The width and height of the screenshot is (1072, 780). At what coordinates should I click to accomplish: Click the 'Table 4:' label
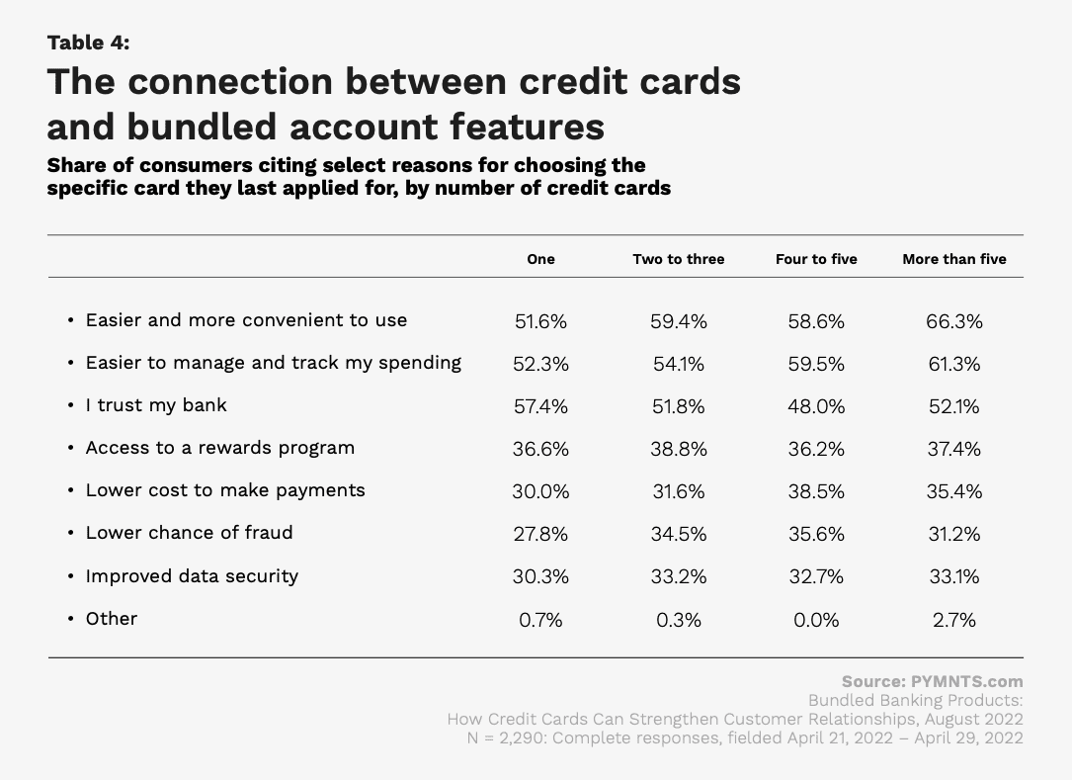(x=88, y=43)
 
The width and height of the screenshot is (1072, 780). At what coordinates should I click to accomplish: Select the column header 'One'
(x=540, y=259)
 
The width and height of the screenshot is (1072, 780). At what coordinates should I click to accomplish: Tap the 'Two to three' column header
(x=678, y=259)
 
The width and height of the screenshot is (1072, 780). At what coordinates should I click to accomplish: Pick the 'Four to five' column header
(x=816, y=259)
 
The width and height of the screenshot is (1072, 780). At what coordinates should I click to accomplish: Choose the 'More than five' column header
(x=954, y=259)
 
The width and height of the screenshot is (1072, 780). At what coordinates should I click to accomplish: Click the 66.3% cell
(x=954, y=321)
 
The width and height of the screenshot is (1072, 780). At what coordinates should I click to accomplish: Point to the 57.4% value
(x=540, y=406)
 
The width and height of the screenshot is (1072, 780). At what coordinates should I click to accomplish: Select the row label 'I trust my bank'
(x=156, y=405)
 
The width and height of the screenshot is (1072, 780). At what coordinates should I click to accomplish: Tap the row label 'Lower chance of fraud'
(x=189, y=532)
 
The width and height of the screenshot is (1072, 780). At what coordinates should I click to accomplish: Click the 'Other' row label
(x=112, y=619)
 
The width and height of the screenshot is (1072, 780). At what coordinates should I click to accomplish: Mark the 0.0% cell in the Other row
(x=816, y=620)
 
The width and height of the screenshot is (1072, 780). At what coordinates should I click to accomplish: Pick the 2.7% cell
(x=954, y=620)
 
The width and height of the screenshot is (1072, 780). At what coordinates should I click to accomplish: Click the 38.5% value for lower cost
(x=816, y=491)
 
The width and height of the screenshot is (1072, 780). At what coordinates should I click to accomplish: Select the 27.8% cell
(x=540, y=534)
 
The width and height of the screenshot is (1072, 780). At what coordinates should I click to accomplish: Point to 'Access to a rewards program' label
(x=220, y=448)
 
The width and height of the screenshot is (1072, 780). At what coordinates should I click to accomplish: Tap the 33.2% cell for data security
(x=678, y=576)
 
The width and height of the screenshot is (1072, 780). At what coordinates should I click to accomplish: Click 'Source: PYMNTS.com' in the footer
(x=933, y=681)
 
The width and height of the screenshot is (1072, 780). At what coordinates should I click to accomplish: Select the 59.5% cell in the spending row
(x=816, y=364)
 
